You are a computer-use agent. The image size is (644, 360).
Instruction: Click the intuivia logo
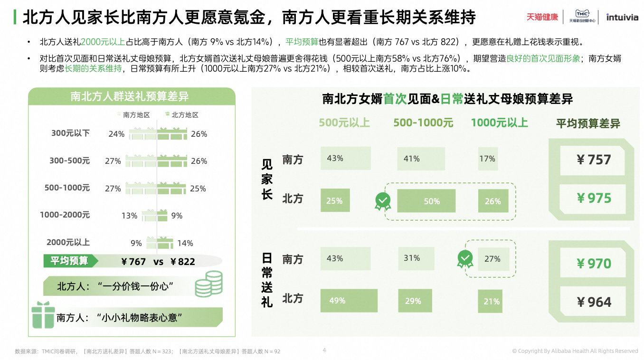click(622, 18)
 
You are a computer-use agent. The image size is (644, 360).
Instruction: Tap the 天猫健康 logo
click(542, 17)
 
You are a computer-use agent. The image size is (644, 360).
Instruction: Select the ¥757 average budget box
click(594, 160)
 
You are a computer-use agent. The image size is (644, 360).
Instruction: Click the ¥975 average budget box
click(594, 198)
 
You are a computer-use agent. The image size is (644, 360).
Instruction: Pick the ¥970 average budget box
click(594, 263)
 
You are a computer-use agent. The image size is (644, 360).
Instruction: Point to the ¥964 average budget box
click(594, 302)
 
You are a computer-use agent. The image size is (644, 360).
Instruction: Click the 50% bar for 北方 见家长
click(426, 201)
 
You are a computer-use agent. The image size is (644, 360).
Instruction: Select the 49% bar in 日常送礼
click(349, 301)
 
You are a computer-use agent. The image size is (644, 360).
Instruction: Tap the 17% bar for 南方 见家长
click(488, 159)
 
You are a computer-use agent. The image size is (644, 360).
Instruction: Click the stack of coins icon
click(208, 284)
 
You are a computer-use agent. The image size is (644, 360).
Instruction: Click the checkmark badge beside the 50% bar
click(383, 201)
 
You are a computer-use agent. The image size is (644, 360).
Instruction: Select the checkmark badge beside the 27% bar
click(465, 259)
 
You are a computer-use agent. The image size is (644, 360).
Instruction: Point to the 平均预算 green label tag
click(70, 261)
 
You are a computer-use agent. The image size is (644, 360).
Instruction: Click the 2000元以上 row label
click(68, 242)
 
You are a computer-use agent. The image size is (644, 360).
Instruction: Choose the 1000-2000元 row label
click(65, 215)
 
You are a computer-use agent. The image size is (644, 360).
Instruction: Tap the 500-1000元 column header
click(423, 123)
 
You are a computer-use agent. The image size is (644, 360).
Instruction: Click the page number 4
click(324, 351)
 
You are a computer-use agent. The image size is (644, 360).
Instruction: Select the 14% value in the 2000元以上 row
click(185, 243)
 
